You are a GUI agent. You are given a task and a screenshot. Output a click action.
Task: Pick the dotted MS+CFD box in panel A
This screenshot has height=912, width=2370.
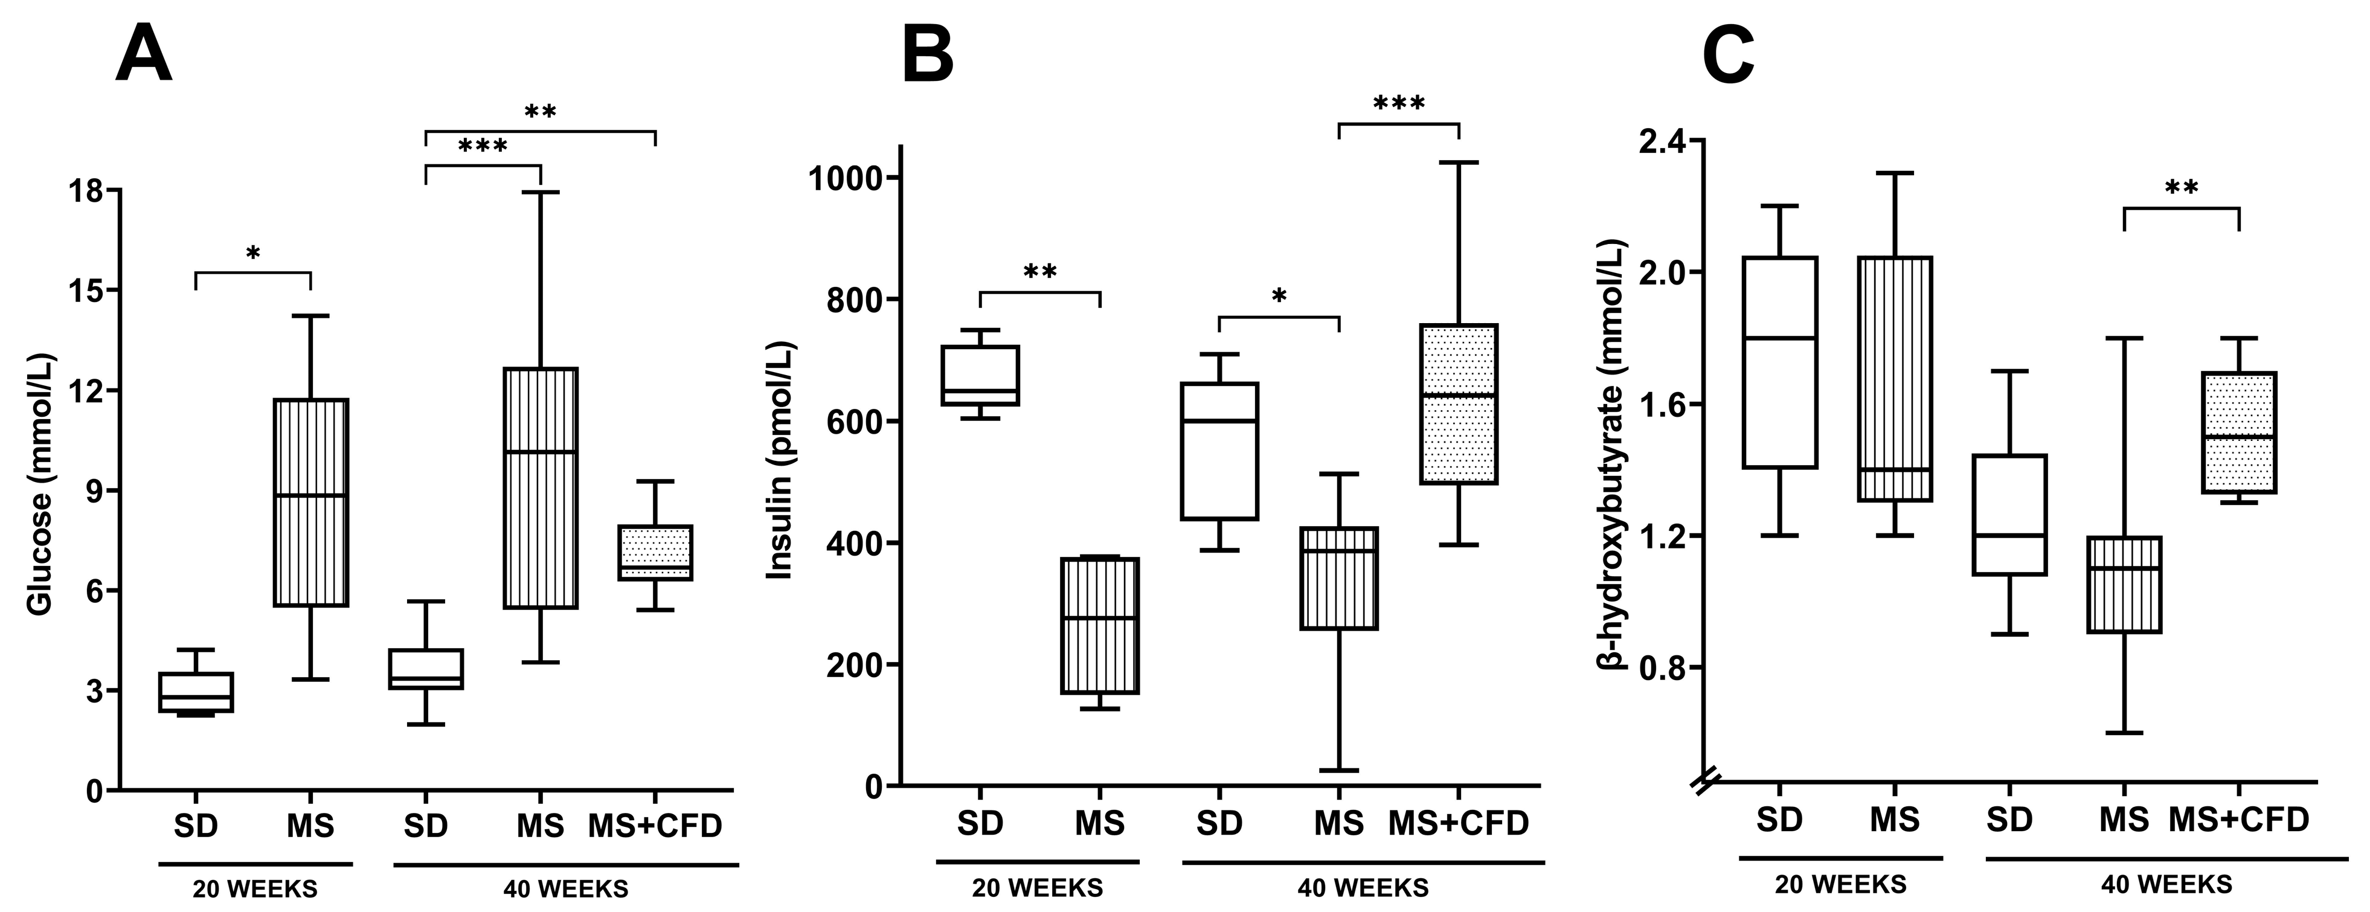[x=655, y=553]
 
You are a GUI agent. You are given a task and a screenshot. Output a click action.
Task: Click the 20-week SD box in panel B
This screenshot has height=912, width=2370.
[x=980, y=376]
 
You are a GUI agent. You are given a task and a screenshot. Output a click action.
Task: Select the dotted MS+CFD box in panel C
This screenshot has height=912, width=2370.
[x=2238, y=432]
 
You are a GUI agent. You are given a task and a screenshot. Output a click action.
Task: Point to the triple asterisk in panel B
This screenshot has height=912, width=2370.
[x=1398, y=103]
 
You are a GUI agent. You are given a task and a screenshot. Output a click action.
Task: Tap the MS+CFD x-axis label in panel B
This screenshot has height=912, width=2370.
[x=1458, y=823]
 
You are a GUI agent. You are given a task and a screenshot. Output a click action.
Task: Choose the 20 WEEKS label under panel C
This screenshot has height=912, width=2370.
[x=1840, y=884]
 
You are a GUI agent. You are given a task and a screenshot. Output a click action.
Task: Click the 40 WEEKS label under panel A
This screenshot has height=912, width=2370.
[x=566, y=890]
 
